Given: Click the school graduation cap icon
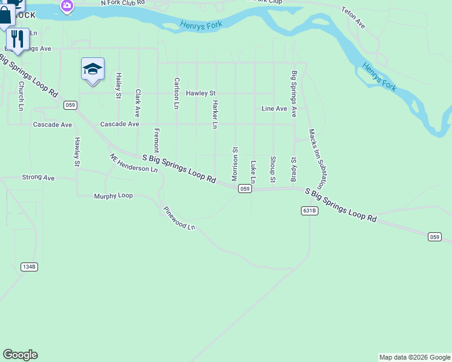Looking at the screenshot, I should [x=92, y=69].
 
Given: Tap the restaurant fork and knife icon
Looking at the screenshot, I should [x=18, y=39].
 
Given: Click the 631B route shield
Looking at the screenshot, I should [x=309, y=211].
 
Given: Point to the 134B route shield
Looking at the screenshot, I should [x=29, y=266].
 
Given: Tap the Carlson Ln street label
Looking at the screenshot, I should [x=176, y=93].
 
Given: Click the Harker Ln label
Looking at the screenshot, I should [x=214, y=115].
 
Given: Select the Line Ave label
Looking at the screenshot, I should [x=274, y=109].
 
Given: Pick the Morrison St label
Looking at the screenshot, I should [x=234, y=163].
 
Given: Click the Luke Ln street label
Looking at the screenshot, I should [x=253, y=172].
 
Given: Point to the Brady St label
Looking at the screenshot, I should [x=294, y=169].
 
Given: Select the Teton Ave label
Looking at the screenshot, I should [x=354, y=18].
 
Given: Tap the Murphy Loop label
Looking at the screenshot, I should [x=113, y=196].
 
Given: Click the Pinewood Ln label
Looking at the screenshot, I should [x=179, y=218].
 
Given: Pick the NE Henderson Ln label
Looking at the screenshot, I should [x=134, y=163].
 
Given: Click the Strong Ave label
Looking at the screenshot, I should [x=38, y=178].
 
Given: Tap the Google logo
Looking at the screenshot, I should [x=20, y=355].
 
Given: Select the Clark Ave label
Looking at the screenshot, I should [x=138, y=103].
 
